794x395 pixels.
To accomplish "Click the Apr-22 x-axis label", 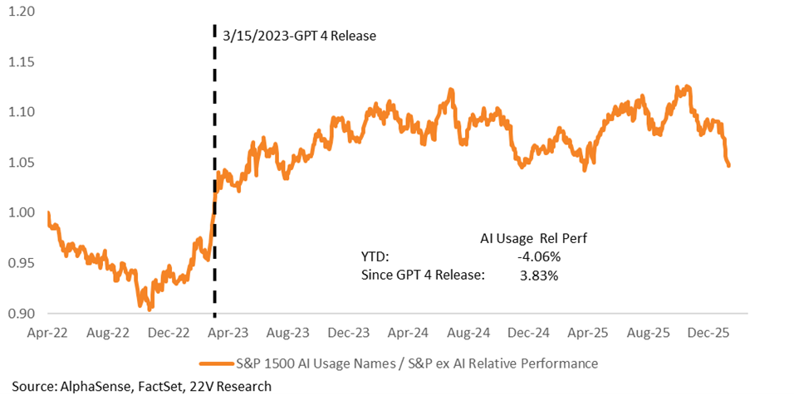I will tap(48, 334).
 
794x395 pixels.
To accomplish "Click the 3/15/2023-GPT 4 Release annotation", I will tap(300, 36).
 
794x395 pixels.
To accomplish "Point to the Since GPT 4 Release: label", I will tap(423, 276).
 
